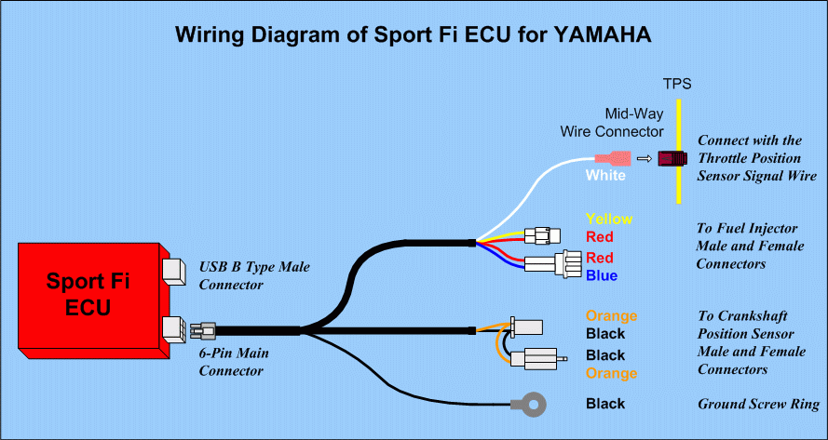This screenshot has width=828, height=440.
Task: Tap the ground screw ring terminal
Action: tap(528, 404)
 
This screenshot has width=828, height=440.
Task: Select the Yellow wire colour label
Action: tap(609, 220)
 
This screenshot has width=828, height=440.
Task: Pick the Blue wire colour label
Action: tap(602, 275)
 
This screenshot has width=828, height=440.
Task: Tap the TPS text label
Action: tap(676, 84)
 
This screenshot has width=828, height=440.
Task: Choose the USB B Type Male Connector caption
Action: tap(253, 275)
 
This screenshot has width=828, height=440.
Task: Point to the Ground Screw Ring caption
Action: tap(758, 405)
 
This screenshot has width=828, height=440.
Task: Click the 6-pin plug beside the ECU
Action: tap(202, 330)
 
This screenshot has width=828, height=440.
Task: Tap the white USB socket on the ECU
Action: tap(173, 271)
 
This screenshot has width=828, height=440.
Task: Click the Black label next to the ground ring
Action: tap(605, 404)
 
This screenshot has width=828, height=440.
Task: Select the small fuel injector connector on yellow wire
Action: tap(543, 236)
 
